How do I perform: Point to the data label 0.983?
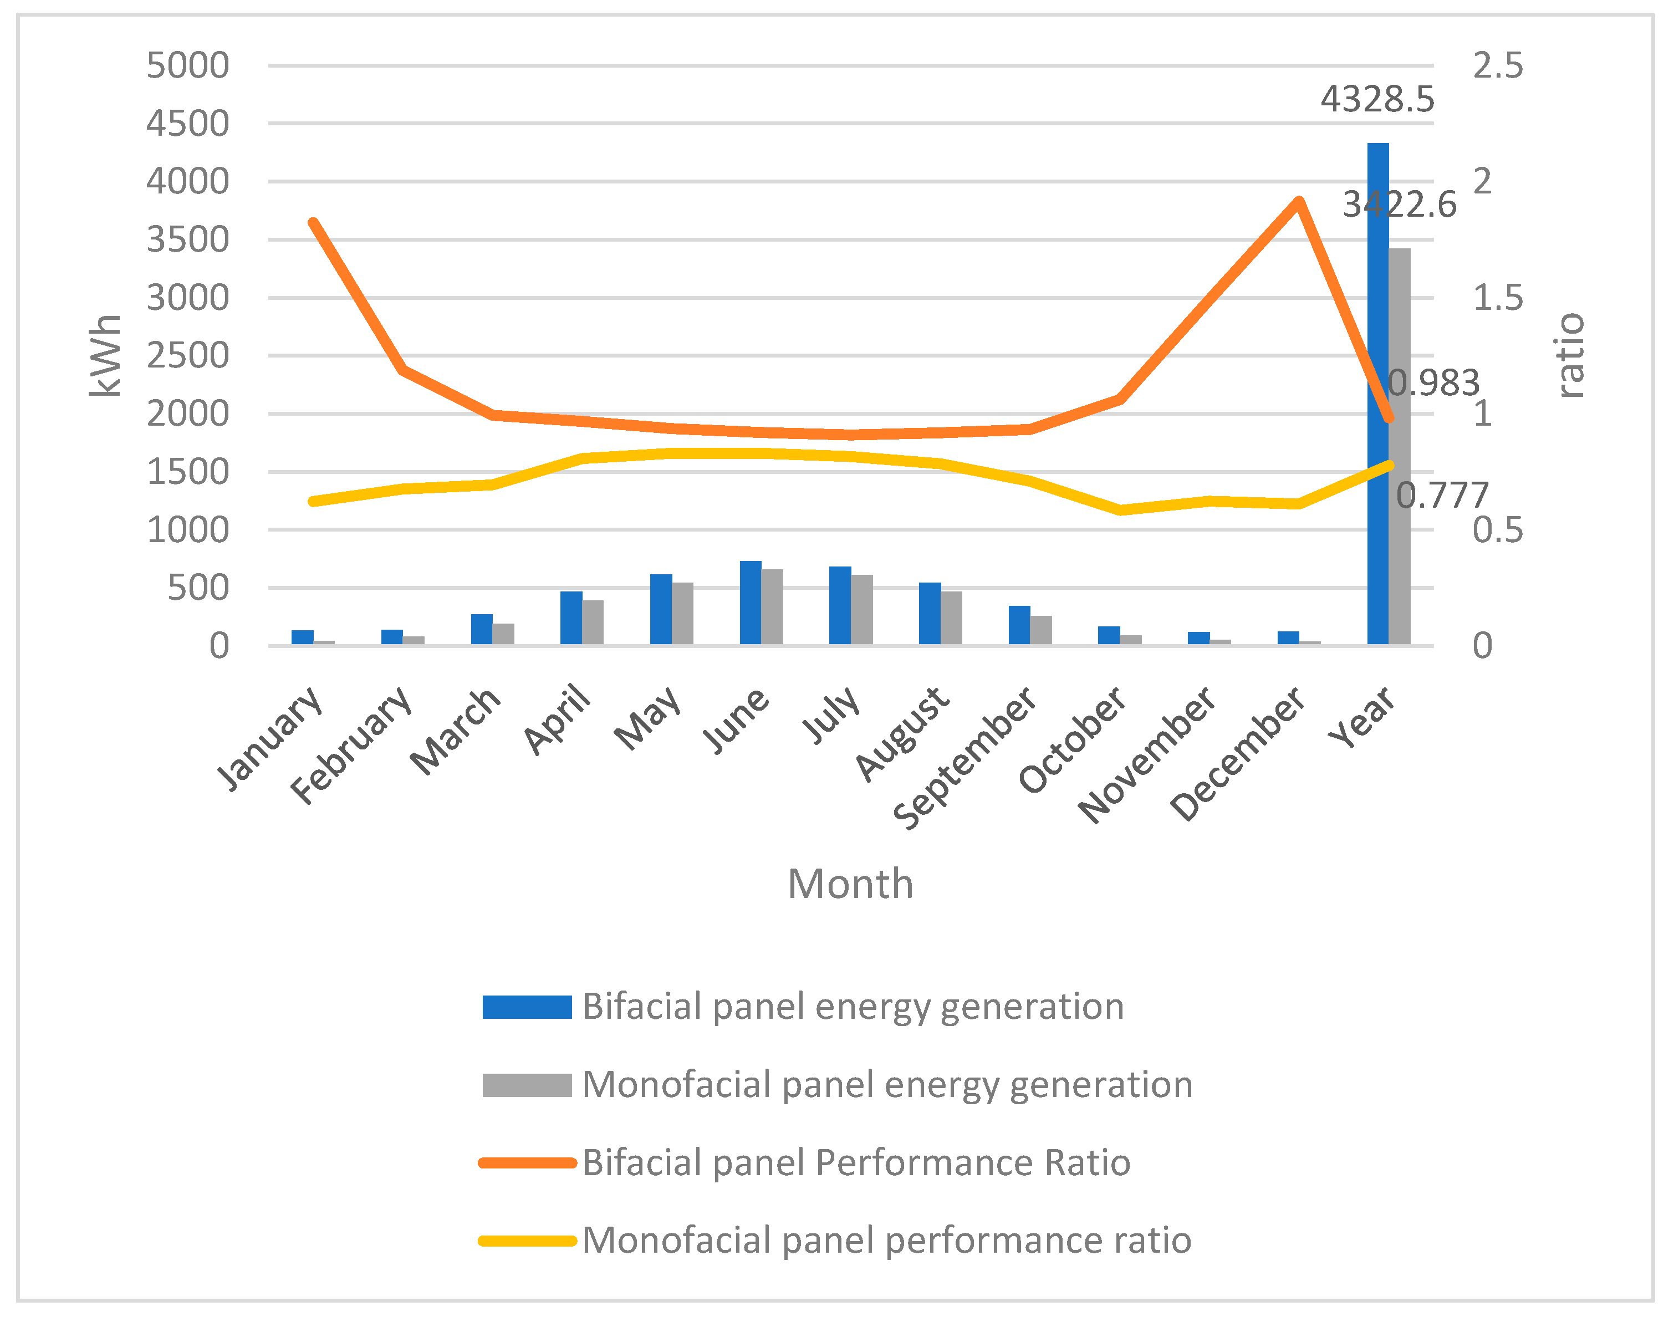coord(1433,383)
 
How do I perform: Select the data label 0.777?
coord(1442,496)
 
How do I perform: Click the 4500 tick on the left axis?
coord(188,124)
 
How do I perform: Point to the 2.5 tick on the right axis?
coord(1497,66)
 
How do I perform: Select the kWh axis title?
coord(105,356)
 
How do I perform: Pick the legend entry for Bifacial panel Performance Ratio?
coord(855,1163)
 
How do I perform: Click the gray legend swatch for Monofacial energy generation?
coord(527,1085)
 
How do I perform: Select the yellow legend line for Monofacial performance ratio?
coord(527,1241)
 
